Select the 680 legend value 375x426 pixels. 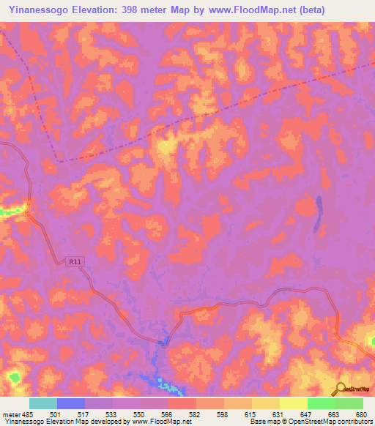[362, 414]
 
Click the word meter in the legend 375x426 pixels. [12, 414]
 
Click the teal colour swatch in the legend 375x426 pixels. [42, 403]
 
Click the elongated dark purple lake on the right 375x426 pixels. [318, 214]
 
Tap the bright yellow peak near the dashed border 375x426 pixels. [166, 146]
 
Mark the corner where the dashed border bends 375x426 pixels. [59, 162]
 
